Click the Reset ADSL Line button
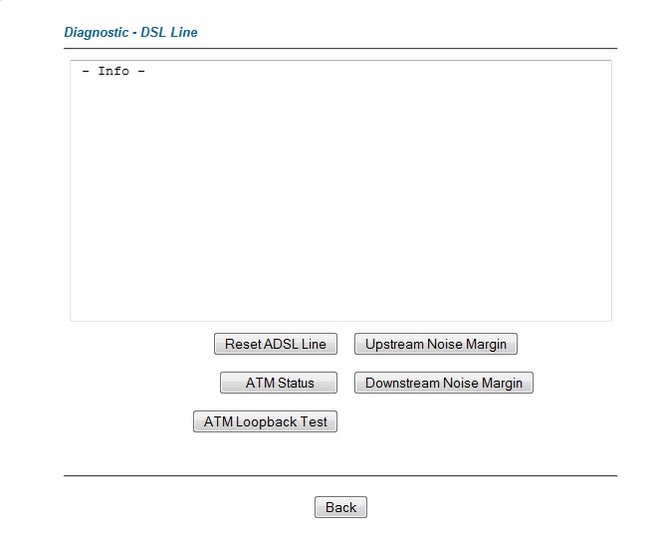pos(276,344)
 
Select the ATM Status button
pos(279,383)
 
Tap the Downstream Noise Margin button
pos(444,383)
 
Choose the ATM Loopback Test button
pos(266,421)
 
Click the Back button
pos(341,507)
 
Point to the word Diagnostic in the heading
pos(96,33)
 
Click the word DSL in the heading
pos(154,32)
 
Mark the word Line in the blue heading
pos(184,32)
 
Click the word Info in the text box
pos(113,71)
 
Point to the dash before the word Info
pos(86,72)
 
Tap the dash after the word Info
pos(141,72)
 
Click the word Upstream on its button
pos(394,345)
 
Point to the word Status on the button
pos(296,383)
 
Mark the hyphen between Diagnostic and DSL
pos(134,33)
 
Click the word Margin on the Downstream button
pos(502,384)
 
